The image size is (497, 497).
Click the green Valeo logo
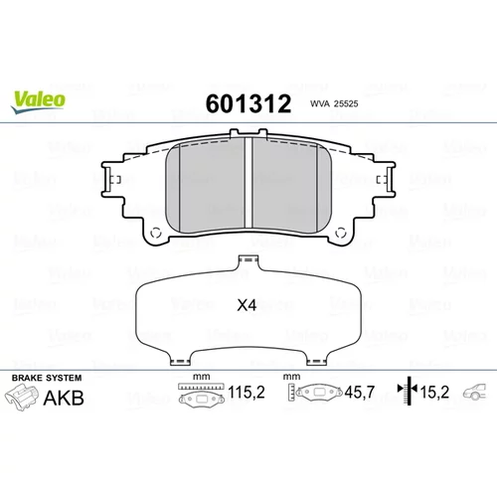click(38, 102)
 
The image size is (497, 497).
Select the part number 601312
click(248, 103)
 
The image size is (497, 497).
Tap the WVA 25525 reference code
click(334, 103)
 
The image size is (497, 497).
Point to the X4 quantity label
click(247, 305)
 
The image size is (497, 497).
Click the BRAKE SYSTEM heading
click(47, 378)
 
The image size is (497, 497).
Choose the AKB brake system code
click(64, 398)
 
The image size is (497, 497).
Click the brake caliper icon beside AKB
click(21, 398)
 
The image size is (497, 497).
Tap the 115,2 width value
click(247, 393)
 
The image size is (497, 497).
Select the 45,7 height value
click(360, 393)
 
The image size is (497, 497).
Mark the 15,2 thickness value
click(434, 393)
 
